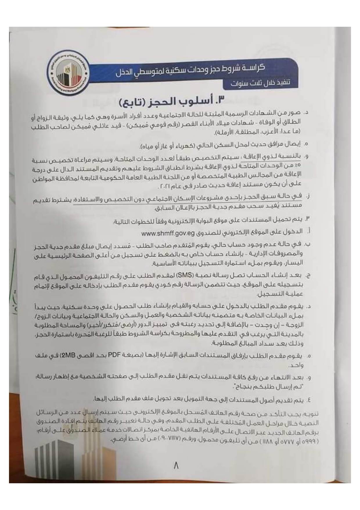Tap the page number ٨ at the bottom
tap(176, 466)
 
